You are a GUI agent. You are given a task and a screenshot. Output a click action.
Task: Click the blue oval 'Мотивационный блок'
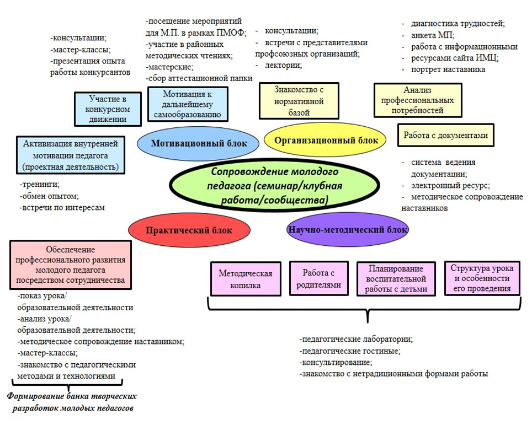pyautogui.click(x=198, y=143)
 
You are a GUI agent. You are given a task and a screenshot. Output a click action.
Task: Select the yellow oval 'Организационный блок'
pyautogui.click(x=325, y=140)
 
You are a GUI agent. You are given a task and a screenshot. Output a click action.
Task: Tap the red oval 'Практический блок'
pyautogui.click(x=189, y=230)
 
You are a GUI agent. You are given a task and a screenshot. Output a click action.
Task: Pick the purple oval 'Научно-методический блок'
pyautogui.click(x=348, y=229)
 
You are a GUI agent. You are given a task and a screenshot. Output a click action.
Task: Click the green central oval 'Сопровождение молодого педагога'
pyautogui.click(x=274, y=186)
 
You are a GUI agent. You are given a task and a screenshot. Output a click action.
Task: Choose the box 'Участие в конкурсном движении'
pyautogui.click(x=108, y=109)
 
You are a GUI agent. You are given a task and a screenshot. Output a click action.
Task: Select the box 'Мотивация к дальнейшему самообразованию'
pyautogui.click(x=188, y=104)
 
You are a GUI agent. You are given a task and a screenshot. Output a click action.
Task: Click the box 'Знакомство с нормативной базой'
pyautogui.click(x=299, y=101)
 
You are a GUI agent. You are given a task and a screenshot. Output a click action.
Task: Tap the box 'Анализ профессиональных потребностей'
pyautogui.click(x=418, y=100)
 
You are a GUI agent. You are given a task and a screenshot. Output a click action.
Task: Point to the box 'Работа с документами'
pyautogui.click(x=445, y=135)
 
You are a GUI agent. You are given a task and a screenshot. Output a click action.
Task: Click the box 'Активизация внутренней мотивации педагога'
pyautogui.click(x=71, y=155)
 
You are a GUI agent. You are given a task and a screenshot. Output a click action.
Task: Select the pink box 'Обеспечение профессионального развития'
pyautogui.click(x=71, y=265)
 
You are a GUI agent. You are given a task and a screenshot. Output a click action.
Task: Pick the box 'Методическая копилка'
pyautogui.click(x=246, y=279)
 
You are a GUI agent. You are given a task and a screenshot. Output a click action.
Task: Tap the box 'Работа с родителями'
pyautogui.click(x=318, y=278)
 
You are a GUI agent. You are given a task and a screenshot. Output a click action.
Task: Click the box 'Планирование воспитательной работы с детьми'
pyautogui.click(x=396, y=279)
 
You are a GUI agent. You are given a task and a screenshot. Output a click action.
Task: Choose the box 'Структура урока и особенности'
pyautogui.click(x=482, y=278)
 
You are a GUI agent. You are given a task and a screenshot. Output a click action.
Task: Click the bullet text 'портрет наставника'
pyautogui.click(x=448, y=69)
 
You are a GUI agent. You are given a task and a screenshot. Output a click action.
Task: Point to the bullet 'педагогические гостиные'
pyautogui.click(x=350, y=351)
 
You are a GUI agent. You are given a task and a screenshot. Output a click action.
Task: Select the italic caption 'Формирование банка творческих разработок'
pyautogui.click(x=72, y=402)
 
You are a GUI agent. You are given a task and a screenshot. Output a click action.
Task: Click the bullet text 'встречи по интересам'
pyautogui.click(x=62, y=207)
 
